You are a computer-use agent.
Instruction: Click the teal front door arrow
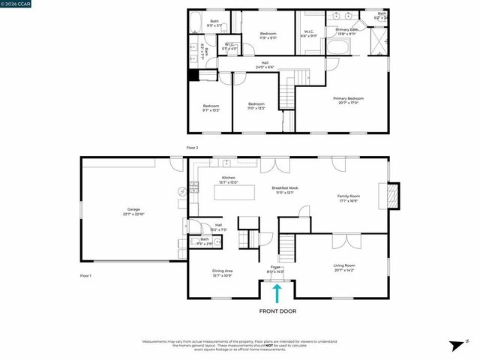pyautogui.click(x=277, y=292)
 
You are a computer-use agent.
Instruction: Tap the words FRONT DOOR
pyautogui.click(x=277, y=310)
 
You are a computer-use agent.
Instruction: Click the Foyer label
pyautogui.click(x=275, y=268)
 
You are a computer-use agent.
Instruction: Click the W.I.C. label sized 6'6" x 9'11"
pyautogui.click(x=308, y=34)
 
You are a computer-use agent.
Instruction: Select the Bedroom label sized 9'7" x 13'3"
pyautogui.click(x=211, y=107)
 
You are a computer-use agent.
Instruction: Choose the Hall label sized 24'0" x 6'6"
pyautogui.click(x=265, y=64)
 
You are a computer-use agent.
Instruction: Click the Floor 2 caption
pyautogui.click(x=192, y=148)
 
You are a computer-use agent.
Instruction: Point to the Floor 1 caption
pyautogui.click(x=85, y=276)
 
